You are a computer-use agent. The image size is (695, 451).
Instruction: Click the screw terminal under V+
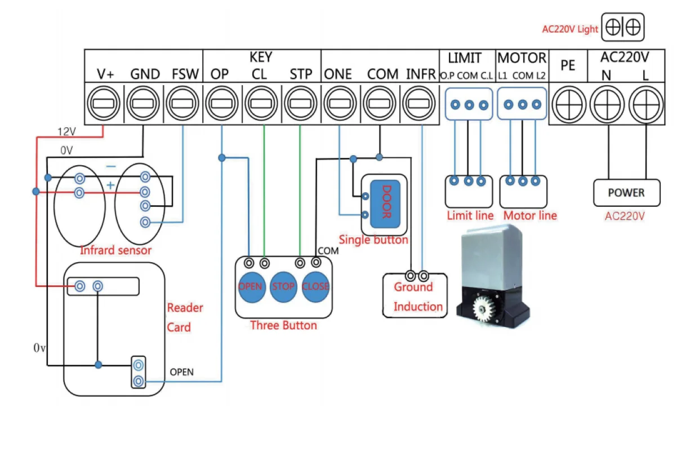[104, 103]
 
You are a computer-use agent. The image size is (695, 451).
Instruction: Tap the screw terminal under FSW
[182, 103]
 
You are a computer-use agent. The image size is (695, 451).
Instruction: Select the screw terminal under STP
[300, 103]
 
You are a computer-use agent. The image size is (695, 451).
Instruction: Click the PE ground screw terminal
[569, 105]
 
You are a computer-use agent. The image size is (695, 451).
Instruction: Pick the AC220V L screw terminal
[647, 105]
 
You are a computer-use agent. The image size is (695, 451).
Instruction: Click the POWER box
[627, 193]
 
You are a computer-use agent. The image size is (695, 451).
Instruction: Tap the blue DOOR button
[385, 204]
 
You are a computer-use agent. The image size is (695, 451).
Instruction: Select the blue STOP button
[283, 287]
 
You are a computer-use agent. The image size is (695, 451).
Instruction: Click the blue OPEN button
[252, 287]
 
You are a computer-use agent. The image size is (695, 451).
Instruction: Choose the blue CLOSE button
[315, 287]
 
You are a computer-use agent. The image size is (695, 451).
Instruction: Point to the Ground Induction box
[415, 295]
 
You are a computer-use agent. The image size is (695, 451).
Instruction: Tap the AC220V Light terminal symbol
[623, 27]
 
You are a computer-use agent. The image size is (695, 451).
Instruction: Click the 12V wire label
[66, 132]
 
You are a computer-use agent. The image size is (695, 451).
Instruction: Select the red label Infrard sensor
[115, 250]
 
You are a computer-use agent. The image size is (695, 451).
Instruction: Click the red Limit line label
[470, 215]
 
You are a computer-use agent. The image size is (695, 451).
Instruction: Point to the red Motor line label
[530, 215]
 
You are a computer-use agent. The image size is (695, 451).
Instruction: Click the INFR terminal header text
[421, 74]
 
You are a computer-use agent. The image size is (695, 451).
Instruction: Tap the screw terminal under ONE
[340, 103]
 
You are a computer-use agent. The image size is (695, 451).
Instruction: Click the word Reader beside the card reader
[185, 308]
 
